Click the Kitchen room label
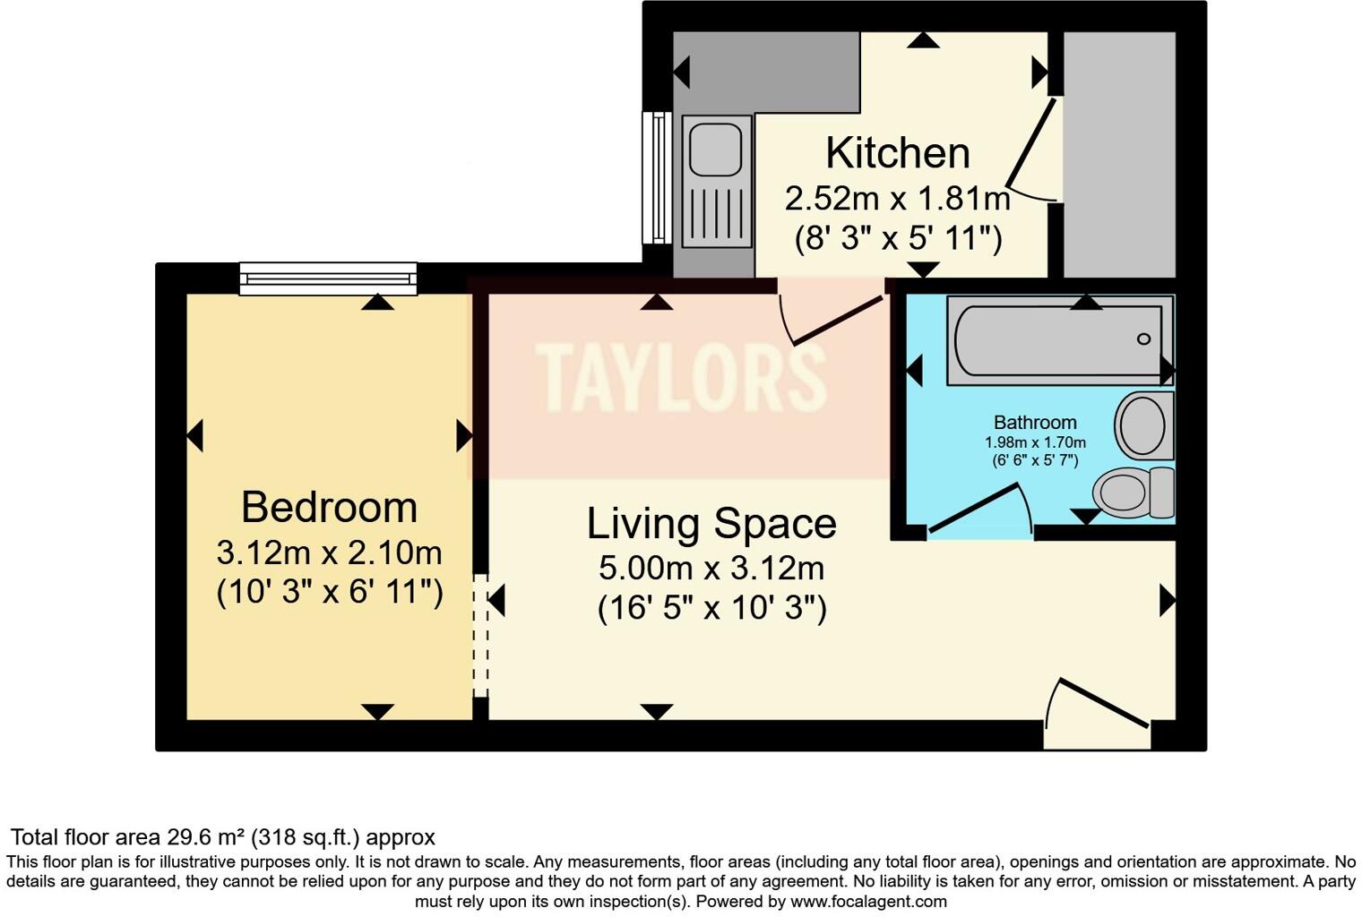(897, 153)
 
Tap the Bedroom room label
(329, 508)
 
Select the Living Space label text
(711, 524)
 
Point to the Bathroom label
(1035, 423)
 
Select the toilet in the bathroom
(1131, 492)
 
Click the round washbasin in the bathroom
(1142, 425)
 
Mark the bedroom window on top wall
(328, 278)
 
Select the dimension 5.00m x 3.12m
(711, 569)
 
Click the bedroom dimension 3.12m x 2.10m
(329, 553)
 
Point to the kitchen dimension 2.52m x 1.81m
(897, 199)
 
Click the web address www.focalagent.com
(868, 902)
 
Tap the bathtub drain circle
(1143, 339)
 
